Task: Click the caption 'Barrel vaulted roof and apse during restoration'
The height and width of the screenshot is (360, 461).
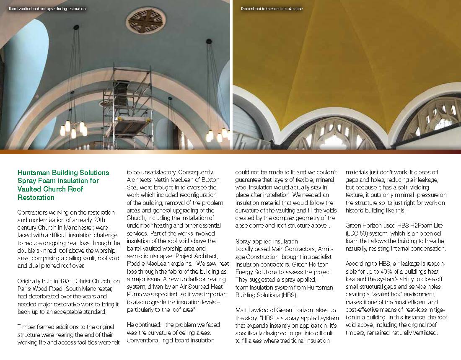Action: (47, 9)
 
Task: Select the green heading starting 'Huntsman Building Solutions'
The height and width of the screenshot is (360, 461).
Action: (63, 185)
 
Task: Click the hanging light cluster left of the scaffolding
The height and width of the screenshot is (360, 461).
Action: (73, 128)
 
